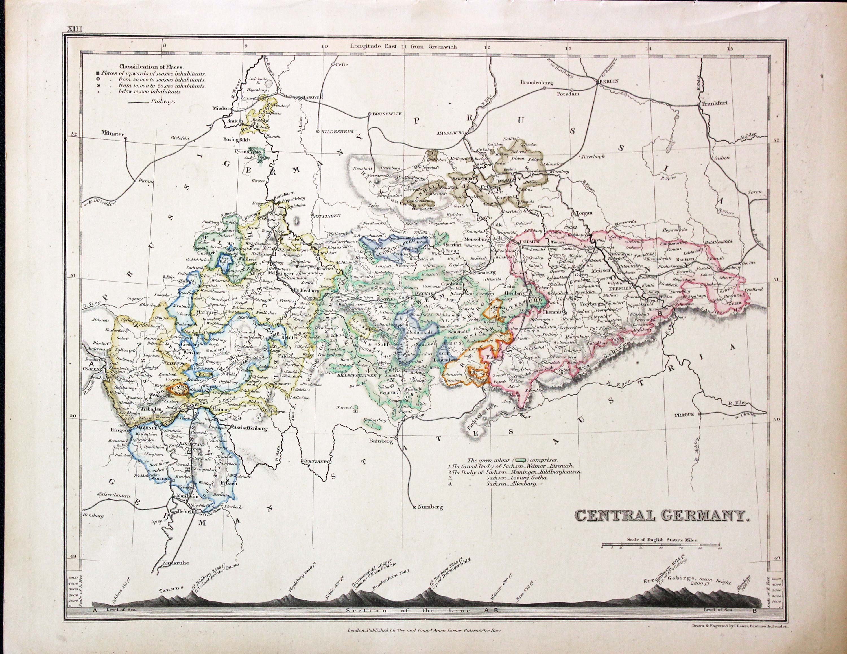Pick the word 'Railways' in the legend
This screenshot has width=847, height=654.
(x=164, y=102)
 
